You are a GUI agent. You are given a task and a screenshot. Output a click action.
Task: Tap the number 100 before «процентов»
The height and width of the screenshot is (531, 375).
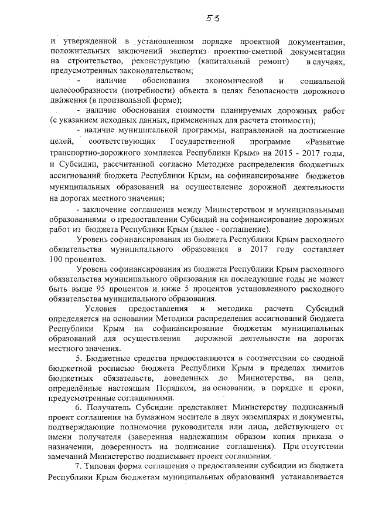pyautogui.click(x=58, y=258)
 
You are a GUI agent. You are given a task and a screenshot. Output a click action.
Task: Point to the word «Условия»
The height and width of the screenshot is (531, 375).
pyautogui.click(x=101, y=308)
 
